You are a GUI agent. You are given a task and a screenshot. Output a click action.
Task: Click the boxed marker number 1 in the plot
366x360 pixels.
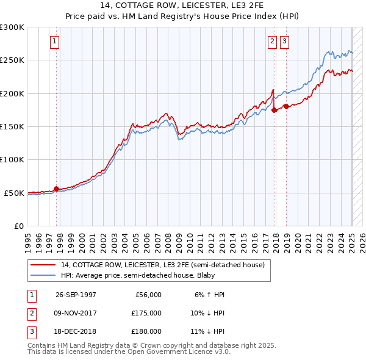click(x=54, y=41)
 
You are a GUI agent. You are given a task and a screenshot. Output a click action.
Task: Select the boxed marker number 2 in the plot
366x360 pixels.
click(x=271, y=41)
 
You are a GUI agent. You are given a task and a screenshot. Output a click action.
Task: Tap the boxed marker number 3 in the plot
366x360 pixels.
click(x=284, y=41)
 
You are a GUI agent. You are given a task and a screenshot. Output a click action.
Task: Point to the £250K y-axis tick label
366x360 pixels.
click(x=12, y=60)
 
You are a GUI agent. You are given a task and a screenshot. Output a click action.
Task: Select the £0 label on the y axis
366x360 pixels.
click(x=18, y=226)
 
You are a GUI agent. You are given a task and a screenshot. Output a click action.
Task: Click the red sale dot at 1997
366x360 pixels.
click(x=57, y=189)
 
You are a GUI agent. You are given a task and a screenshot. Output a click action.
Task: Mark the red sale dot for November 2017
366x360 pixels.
click(x=274, y=110)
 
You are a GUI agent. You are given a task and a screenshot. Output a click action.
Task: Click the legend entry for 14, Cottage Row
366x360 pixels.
click(x=162, y=265)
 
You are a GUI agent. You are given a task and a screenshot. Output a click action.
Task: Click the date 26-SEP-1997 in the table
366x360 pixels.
click(x=76, y=295)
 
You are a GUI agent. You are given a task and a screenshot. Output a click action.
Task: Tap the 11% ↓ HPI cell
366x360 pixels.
click(x=207, y=331)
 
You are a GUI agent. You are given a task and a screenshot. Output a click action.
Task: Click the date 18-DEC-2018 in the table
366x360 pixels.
click(x=76, y=331)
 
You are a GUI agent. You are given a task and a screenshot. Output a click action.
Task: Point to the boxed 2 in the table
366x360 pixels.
click(x=31, y=313)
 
